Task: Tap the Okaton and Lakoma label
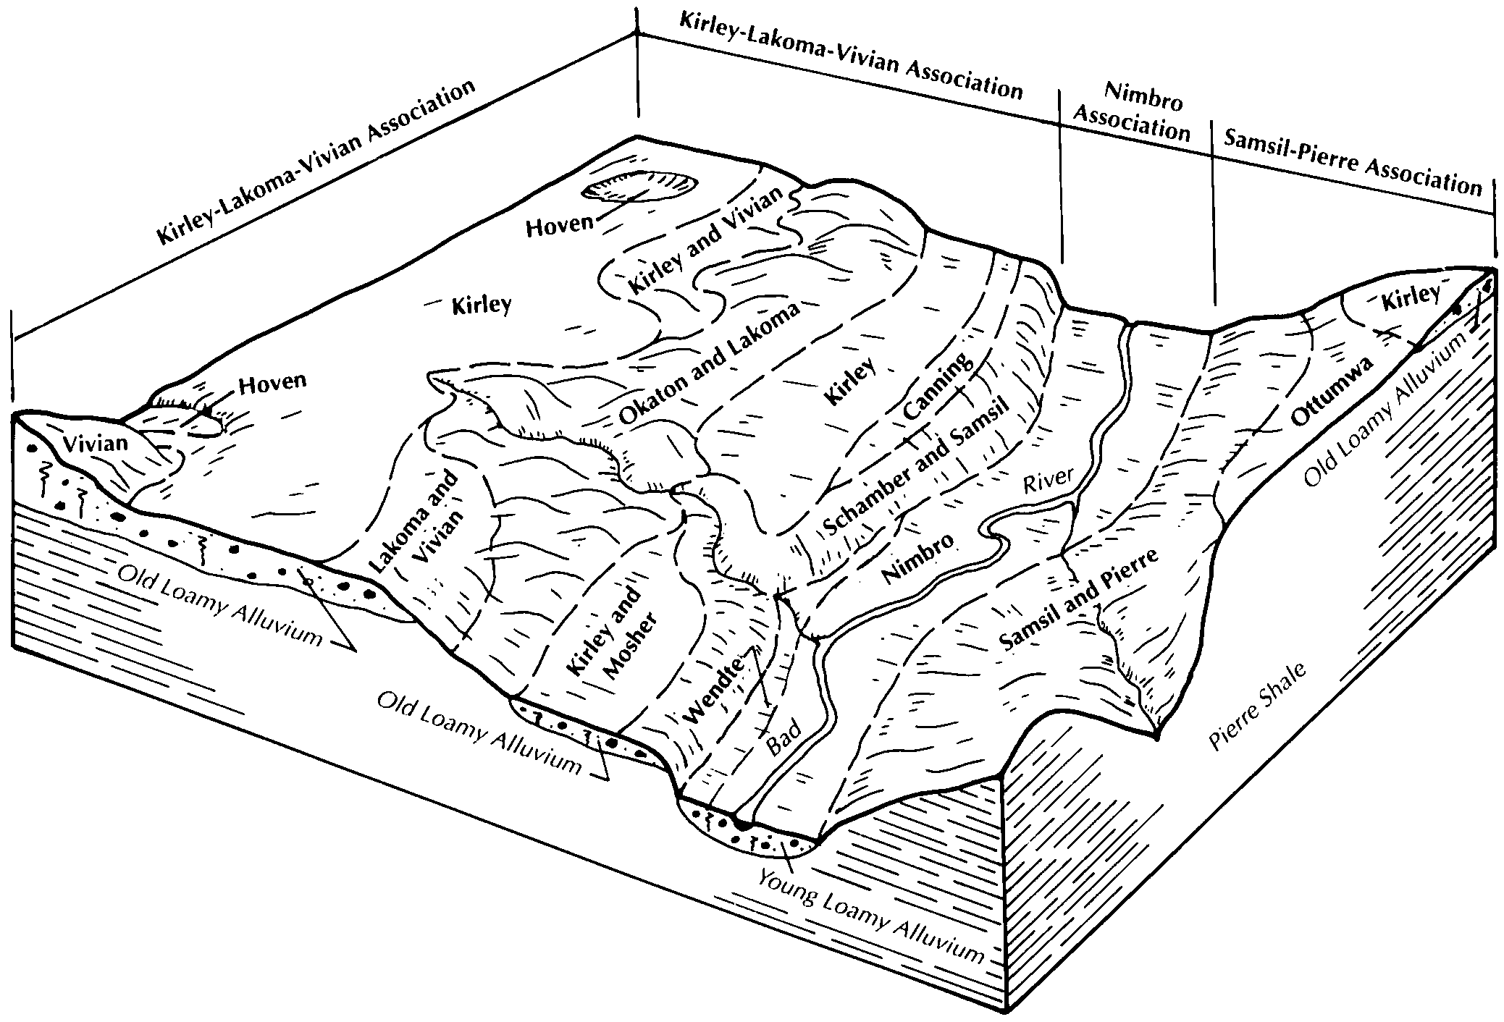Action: (x=710, y=363)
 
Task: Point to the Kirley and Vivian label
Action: (x=706, y=240)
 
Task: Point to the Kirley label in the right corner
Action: (x=1408, y=297)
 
